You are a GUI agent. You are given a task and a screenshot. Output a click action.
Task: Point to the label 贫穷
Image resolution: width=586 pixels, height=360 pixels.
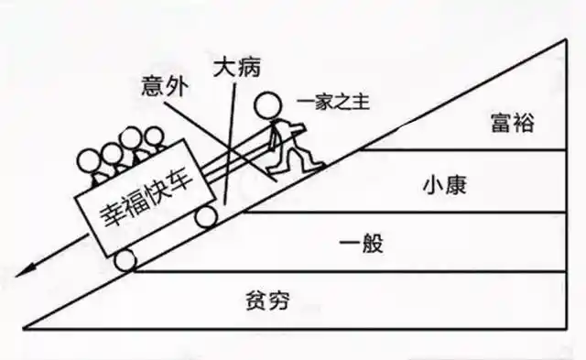point(273,300)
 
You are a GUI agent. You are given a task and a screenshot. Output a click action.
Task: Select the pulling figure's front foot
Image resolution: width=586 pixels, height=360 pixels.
point(311,166)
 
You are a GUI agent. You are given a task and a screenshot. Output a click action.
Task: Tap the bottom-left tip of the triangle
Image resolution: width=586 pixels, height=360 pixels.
point(25,327)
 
